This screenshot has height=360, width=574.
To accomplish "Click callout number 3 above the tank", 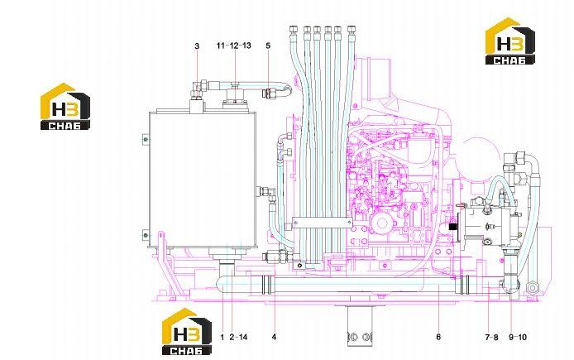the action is point(197,46).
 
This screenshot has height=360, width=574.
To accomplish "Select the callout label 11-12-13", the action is point(233,46).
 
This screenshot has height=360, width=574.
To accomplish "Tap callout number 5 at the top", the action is point(268,46).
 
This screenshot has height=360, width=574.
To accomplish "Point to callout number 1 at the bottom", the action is point(222,337).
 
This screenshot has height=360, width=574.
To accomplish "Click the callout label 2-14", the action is point(238,337).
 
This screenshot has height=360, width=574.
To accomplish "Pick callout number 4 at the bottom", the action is point(275,337).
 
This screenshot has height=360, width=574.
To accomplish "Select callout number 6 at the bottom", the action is point(438,337).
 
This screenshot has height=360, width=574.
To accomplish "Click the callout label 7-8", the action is point(491,338).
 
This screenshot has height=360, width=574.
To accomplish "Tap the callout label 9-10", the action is point(518,338).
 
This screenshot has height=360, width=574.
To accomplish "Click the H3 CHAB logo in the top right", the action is point(510,41).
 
